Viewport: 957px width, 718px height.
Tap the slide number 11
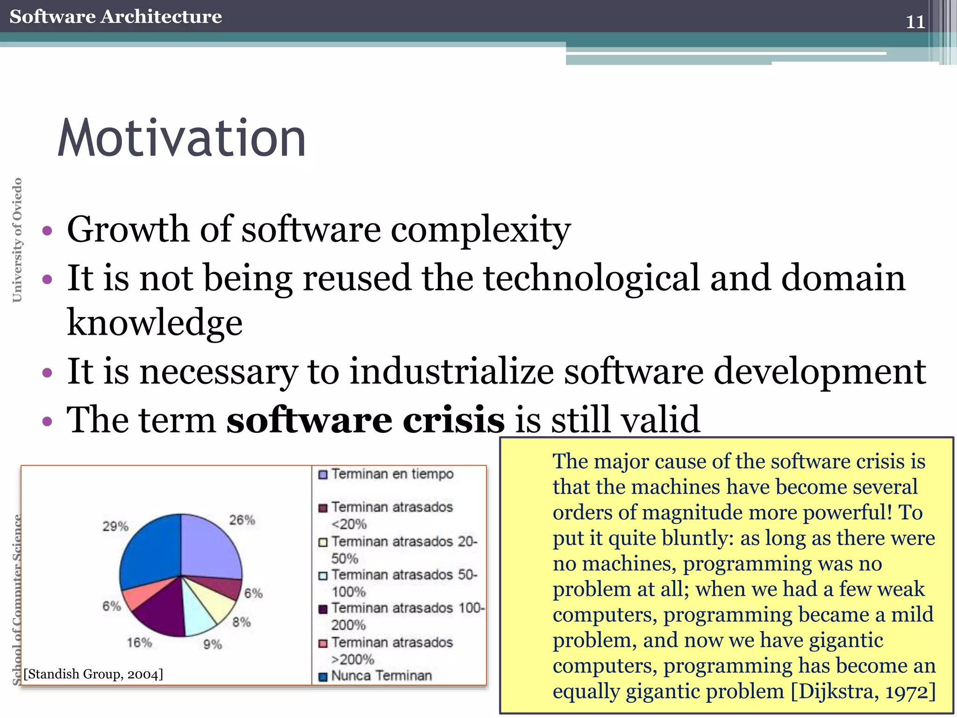point(915,22)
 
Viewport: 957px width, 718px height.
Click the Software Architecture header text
point(115,16)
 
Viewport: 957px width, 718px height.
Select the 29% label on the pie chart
point(115,526)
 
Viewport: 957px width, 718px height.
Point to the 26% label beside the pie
point(242,520)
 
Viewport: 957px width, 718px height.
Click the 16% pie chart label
point(139,643)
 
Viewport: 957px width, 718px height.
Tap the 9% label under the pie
point(212,645)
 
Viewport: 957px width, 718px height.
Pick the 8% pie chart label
point(242,622)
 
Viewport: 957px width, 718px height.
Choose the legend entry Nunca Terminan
point(381,676)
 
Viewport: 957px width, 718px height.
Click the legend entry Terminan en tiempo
point(392,474)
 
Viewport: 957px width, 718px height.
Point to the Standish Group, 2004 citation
point(93,674)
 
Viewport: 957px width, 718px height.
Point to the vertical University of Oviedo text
point(17,240)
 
